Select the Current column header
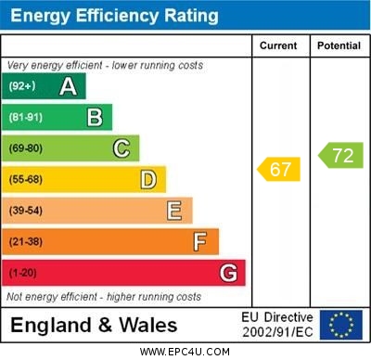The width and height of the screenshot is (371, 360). pos(278,45)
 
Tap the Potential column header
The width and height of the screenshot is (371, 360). pos(339,45)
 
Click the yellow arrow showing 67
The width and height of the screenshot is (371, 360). pos(279,170)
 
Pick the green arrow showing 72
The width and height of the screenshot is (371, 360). pos(340,155)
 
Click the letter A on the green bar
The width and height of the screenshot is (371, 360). pos(68,86)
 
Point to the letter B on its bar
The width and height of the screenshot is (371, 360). pos(95,117)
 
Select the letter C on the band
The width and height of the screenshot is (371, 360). pos(122,148)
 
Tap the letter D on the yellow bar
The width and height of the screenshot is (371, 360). pos(148,179)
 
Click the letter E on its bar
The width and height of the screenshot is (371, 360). pos(174,211)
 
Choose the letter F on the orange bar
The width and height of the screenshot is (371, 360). pos(200,242)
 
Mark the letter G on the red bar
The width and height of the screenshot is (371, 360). pos(228,273)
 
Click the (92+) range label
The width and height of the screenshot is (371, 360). pos(21,87)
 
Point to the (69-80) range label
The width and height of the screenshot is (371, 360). pos(26,148)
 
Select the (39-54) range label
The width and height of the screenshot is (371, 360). pos(26,211)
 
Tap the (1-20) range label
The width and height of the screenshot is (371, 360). pos(23,274)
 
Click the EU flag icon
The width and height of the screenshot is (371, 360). pos(341,325)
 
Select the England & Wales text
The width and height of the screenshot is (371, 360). pos(94,325)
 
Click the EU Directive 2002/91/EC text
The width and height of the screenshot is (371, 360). pos(277,325)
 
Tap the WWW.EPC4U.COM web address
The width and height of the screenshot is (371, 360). pos(185,352)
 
